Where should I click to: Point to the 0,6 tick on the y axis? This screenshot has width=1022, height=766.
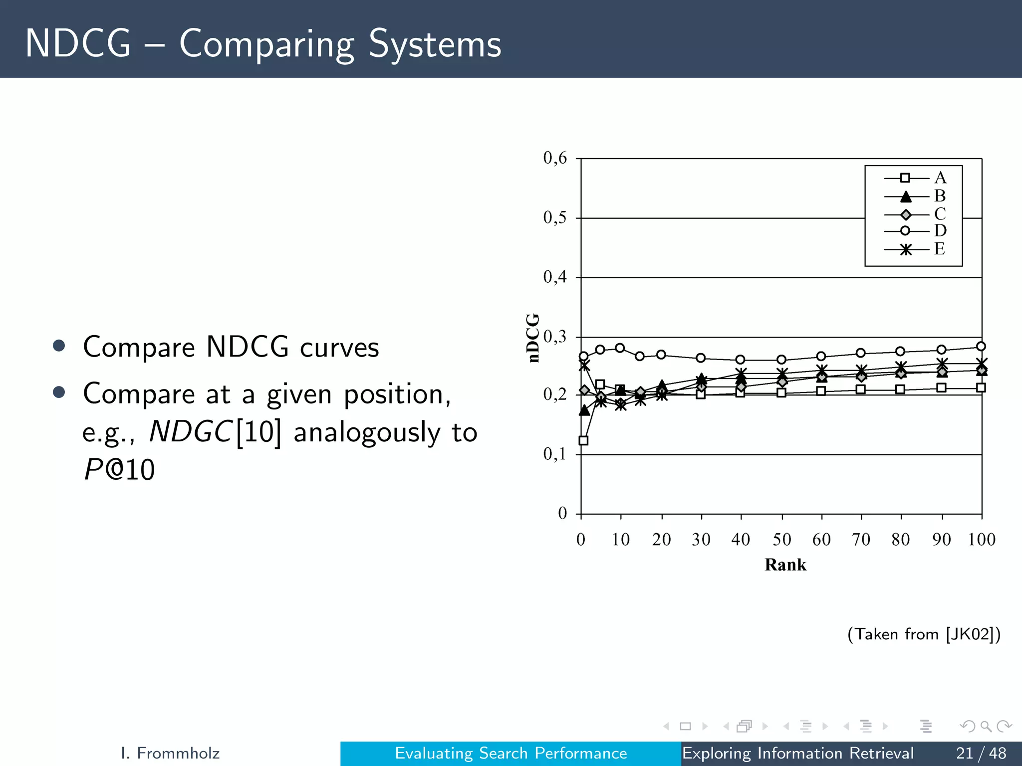tap(555, 158)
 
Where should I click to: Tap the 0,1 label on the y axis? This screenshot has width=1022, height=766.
tap(555, 454)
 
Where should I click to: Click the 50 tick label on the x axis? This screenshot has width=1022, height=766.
tap(781, 539)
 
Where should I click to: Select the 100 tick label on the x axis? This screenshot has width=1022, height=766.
tap(982, 539)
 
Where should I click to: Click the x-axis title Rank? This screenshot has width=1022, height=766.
tap(785, 565)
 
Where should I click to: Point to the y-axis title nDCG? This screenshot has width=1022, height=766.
tap(533, 338)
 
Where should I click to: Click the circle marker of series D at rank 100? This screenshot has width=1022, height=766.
tap(981, 346)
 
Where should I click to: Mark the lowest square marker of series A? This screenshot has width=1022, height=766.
tap(583, 440)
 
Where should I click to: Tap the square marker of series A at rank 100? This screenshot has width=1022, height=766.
tap(981, 387)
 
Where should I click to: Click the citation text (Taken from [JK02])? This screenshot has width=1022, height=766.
tap(924, 634)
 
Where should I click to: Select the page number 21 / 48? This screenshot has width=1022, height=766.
tap(981, 753)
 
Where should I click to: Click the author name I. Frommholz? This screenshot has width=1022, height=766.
tap(170, 753)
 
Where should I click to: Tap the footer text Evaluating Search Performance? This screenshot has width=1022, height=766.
tap(511, 753)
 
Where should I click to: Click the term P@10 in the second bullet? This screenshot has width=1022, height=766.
tap(119, 469)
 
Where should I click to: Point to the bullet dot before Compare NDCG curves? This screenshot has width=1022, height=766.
tap(59, 346)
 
